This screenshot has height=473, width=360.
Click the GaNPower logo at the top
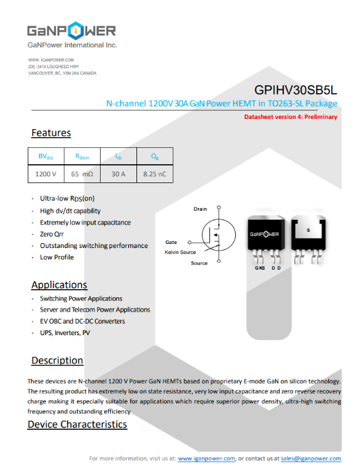point(71,31)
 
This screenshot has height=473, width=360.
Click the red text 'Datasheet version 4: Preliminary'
point(290,117)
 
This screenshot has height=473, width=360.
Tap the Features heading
point(51,133)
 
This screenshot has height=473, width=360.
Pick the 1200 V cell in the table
point(46,174)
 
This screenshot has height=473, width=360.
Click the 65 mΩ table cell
point(82,174)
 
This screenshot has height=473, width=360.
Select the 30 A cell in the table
point(118,174)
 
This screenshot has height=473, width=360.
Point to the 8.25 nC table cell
point(155,174)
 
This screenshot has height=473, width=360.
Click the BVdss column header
point(46,156)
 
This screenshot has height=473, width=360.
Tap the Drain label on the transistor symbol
point(200,209)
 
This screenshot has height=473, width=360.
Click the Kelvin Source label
point(180,252)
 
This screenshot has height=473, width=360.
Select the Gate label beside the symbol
point(172,242)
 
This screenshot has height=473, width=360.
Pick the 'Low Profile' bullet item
point(57,257)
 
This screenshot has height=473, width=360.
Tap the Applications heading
point(59,285)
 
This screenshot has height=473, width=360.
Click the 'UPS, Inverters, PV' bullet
point(65,333)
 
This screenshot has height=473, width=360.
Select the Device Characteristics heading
point(77,424)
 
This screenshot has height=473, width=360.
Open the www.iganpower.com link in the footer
point(206,459)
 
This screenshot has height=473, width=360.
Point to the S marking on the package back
point(308,230)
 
